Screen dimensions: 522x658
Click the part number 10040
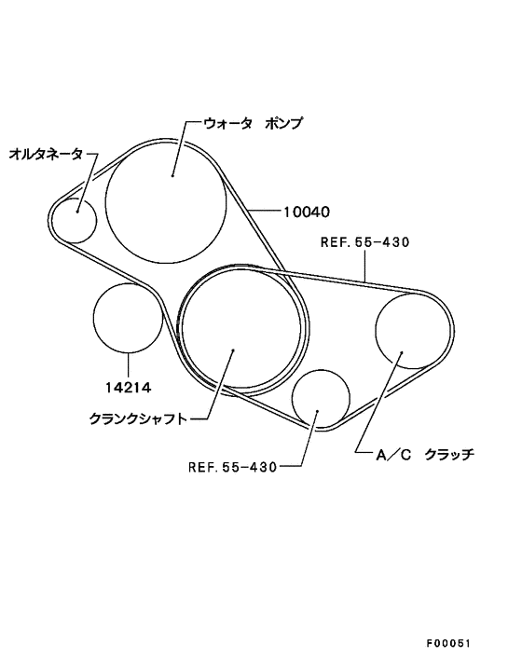coord(307,212)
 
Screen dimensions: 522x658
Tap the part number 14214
coord(128,387)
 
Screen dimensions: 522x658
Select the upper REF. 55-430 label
coord(364,242)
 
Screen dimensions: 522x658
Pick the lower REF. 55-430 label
coord(232,467)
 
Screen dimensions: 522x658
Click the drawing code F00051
coord(448,644)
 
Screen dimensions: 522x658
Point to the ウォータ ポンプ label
coord(253,123)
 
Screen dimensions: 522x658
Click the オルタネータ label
coord(46,155)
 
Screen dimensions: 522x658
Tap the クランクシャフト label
coord(138,418)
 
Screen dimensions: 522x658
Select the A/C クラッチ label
coord(425,455)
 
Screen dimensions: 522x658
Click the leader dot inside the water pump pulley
coord(172,175)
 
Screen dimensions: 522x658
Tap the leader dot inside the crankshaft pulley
coord(233,350)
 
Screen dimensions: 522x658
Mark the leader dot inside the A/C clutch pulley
coord(402,352)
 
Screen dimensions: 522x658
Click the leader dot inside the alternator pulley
coord(77,211)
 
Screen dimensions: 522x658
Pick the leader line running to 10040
coord(263,210)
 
